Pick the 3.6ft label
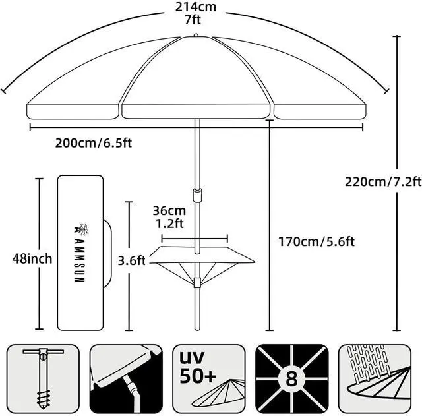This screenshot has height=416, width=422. (x=132, y=260)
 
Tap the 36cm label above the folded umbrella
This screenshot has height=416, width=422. (x=168, y=211)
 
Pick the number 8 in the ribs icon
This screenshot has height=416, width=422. (x=291, y=380)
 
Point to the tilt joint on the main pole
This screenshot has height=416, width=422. (x=196, y=196)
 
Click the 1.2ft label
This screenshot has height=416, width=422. (x=168, y=223)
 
